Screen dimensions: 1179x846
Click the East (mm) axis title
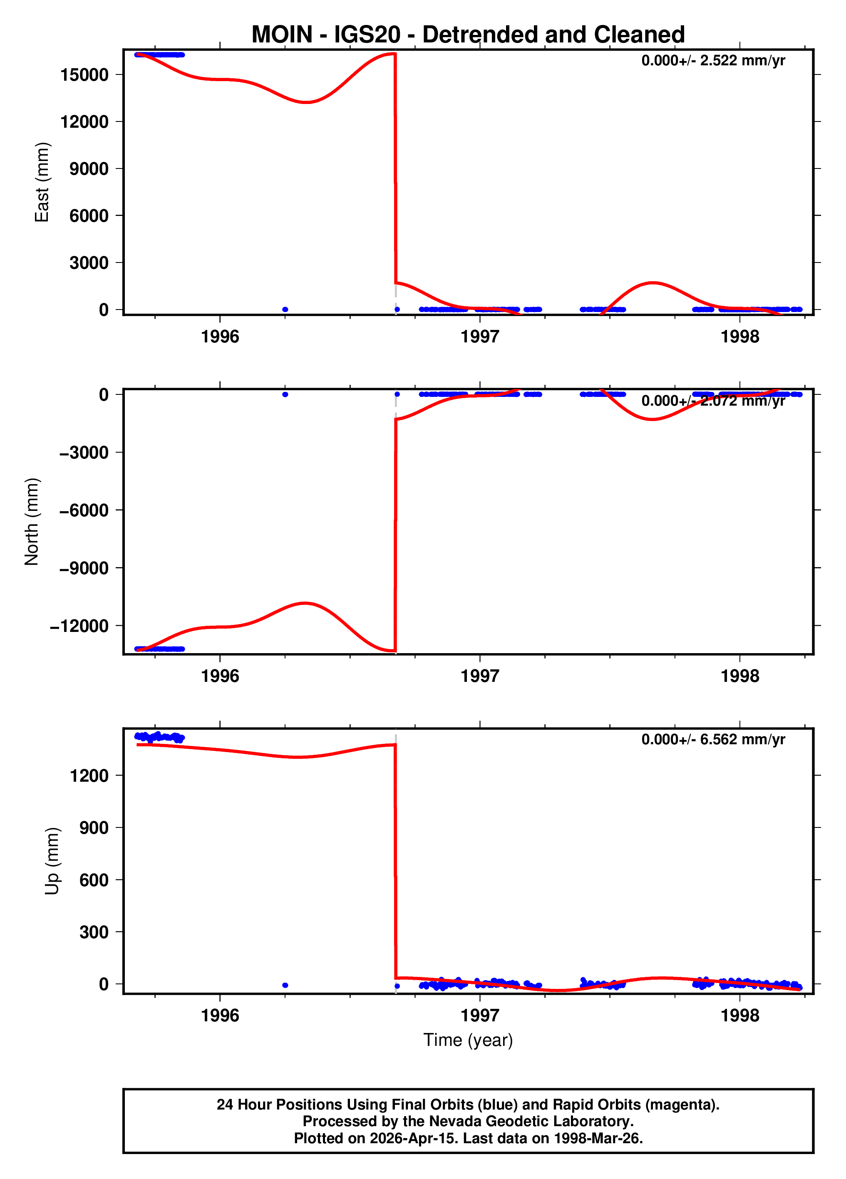(42, 182)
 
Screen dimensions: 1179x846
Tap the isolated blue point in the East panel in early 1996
(285, 309)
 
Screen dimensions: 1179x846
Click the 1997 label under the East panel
(479, 337)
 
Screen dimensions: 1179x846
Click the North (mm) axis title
(32, 521)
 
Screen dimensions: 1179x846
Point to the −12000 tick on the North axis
(79, 626)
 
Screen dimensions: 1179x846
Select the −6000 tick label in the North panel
(84, 510)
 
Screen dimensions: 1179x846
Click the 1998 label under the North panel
(739, 676)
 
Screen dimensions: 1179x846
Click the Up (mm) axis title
(52, 861)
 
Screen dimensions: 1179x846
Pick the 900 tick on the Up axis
(94, 827)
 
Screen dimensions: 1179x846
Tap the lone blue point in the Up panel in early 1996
(285, 985)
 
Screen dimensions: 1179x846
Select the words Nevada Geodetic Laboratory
(531, 1121)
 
